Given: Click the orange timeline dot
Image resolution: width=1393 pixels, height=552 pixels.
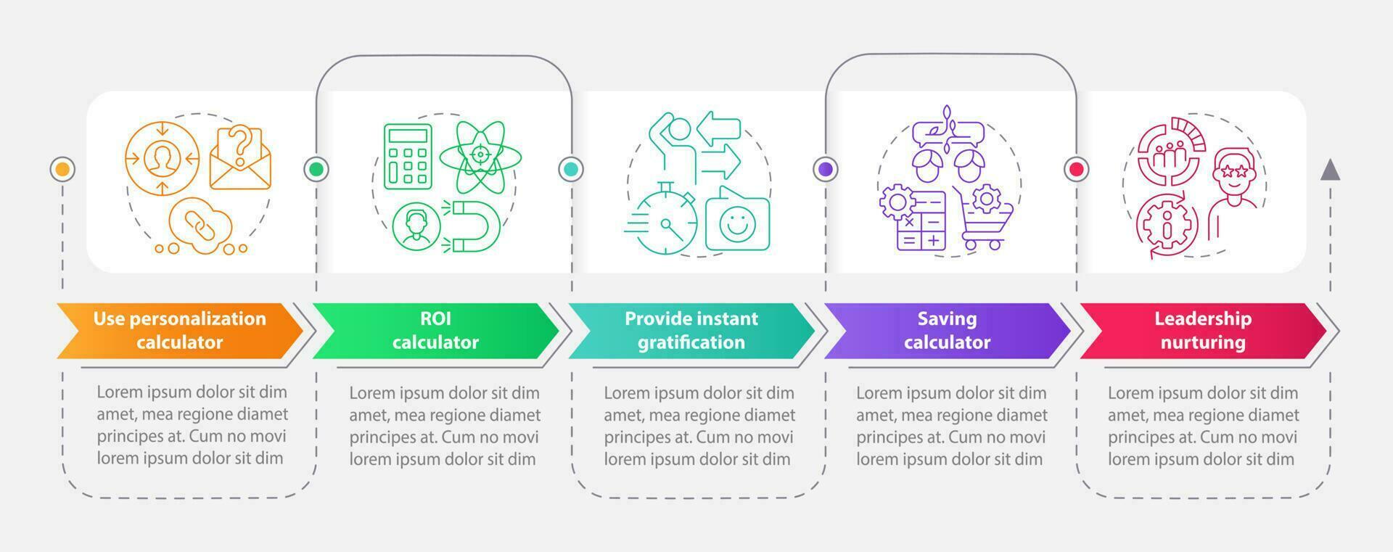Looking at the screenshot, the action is tap(63, 170).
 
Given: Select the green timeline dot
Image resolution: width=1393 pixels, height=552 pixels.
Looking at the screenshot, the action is tap(316, 170).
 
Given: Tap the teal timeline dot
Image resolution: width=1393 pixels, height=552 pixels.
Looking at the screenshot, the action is tap(571, 170).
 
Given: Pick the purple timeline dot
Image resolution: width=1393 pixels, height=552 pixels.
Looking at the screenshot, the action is tap(826, 170).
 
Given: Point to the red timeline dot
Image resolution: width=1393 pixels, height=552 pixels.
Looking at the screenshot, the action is tap(1077, 170).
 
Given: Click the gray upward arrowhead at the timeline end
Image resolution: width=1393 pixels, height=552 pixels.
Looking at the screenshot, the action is tap(1330, 170).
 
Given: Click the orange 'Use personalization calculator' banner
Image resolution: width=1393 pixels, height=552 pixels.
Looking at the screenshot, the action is tap(179, 331).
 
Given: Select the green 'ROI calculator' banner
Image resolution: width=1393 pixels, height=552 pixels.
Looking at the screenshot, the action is tap(435, 331).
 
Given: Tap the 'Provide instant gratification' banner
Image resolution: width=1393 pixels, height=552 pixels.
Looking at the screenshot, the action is tap(691, 331).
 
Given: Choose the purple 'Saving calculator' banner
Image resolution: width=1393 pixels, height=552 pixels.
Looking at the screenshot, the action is tap(947, 331).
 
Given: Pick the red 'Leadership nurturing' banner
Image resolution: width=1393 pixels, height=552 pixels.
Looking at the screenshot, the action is tap(1202, 331).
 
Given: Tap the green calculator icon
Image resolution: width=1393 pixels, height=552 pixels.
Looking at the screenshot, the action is tap(408, 155).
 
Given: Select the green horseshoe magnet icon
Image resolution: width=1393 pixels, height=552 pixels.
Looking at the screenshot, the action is tap(472, 226).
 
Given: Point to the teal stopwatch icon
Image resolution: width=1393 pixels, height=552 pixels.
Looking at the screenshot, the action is tap(665, 221).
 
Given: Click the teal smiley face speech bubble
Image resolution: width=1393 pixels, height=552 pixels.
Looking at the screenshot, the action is tap(737, 221).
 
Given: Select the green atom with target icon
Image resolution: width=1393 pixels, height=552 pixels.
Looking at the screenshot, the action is tap(480, 155).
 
